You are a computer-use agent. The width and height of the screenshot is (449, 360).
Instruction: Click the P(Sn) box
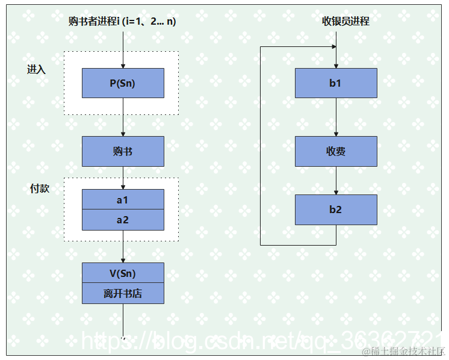click(x=123, y=83)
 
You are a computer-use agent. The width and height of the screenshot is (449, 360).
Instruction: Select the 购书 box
click(x=123, y=151)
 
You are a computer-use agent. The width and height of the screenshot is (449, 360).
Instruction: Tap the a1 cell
click(x=123, y=199)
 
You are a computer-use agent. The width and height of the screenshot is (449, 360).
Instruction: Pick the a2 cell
click(x=123, y=220)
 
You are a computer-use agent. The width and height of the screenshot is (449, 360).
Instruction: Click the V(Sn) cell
click(x=123, y=273)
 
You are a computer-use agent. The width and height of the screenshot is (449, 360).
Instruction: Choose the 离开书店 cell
click(x=123, y=294)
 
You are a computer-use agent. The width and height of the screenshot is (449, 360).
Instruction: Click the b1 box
click(x=336, y=83)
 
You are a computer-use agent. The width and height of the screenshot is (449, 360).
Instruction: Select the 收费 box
click(x=336, y=151)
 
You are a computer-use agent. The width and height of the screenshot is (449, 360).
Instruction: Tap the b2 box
click(x=336, y=209)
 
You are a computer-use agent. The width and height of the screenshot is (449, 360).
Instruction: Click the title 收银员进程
click(x=345, y=22)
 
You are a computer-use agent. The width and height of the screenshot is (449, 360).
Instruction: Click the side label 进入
click(x=37, y=69)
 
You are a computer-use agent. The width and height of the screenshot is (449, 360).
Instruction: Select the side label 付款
click(x=40, y=188)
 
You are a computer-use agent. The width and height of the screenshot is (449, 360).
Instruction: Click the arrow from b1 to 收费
click(x=336, y=117)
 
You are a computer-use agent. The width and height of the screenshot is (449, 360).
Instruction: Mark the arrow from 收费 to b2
click(x=336, y=181)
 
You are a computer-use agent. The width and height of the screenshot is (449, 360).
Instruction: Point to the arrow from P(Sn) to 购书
click(x=123, y=117)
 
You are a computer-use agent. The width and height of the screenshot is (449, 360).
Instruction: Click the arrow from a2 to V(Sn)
click(x=123, y=246)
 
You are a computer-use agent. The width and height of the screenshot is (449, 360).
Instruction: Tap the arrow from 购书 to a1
click(x=123, y=178)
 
